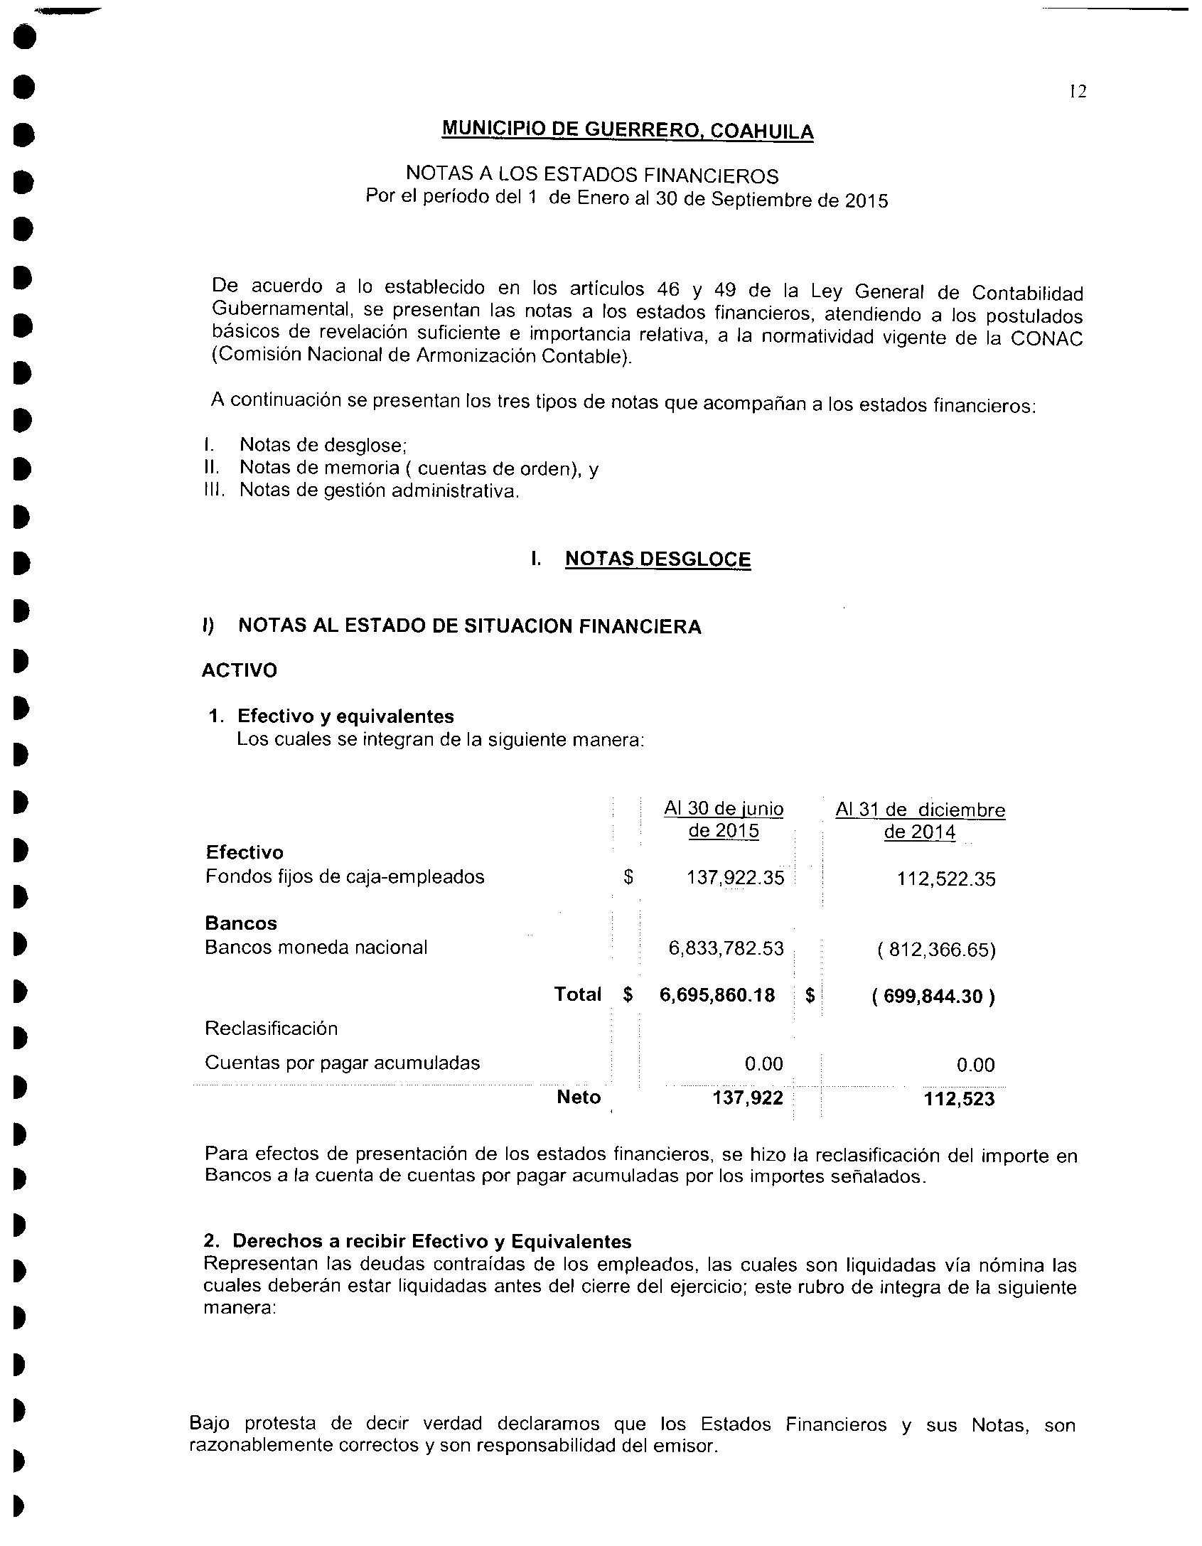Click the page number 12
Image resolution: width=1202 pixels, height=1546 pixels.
coord(1078,92)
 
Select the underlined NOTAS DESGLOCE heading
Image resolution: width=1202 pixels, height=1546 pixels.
coord(658,559)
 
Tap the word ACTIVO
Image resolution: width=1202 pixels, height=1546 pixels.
coord(240,670)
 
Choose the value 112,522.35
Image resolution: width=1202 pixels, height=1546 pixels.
coord(945,879)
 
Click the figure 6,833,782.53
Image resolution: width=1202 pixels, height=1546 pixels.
coord(726,948)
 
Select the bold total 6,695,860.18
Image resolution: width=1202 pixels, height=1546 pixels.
coord(717,995)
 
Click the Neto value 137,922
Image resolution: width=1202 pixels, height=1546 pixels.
coord(748,1098)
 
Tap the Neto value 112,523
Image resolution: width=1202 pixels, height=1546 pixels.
coord(959,1100)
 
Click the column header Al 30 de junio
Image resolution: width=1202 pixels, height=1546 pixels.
coord(724,809)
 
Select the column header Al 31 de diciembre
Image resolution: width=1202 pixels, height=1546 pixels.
coord(920,810)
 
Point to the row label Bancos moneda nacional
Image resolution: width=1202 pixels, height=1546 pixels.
coord(316,948)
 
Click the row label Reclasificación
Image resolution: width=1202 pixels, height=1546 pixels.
coord(272,1029)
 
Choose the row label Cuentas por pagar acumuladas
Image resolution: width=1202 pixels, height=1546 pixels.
coord(342,1063)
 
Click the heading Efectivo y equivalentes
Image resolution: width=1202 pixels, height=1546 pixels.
coord(345,716)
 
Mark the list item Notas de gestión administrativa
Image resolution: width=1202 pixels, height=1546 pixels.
coord(379,490)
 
